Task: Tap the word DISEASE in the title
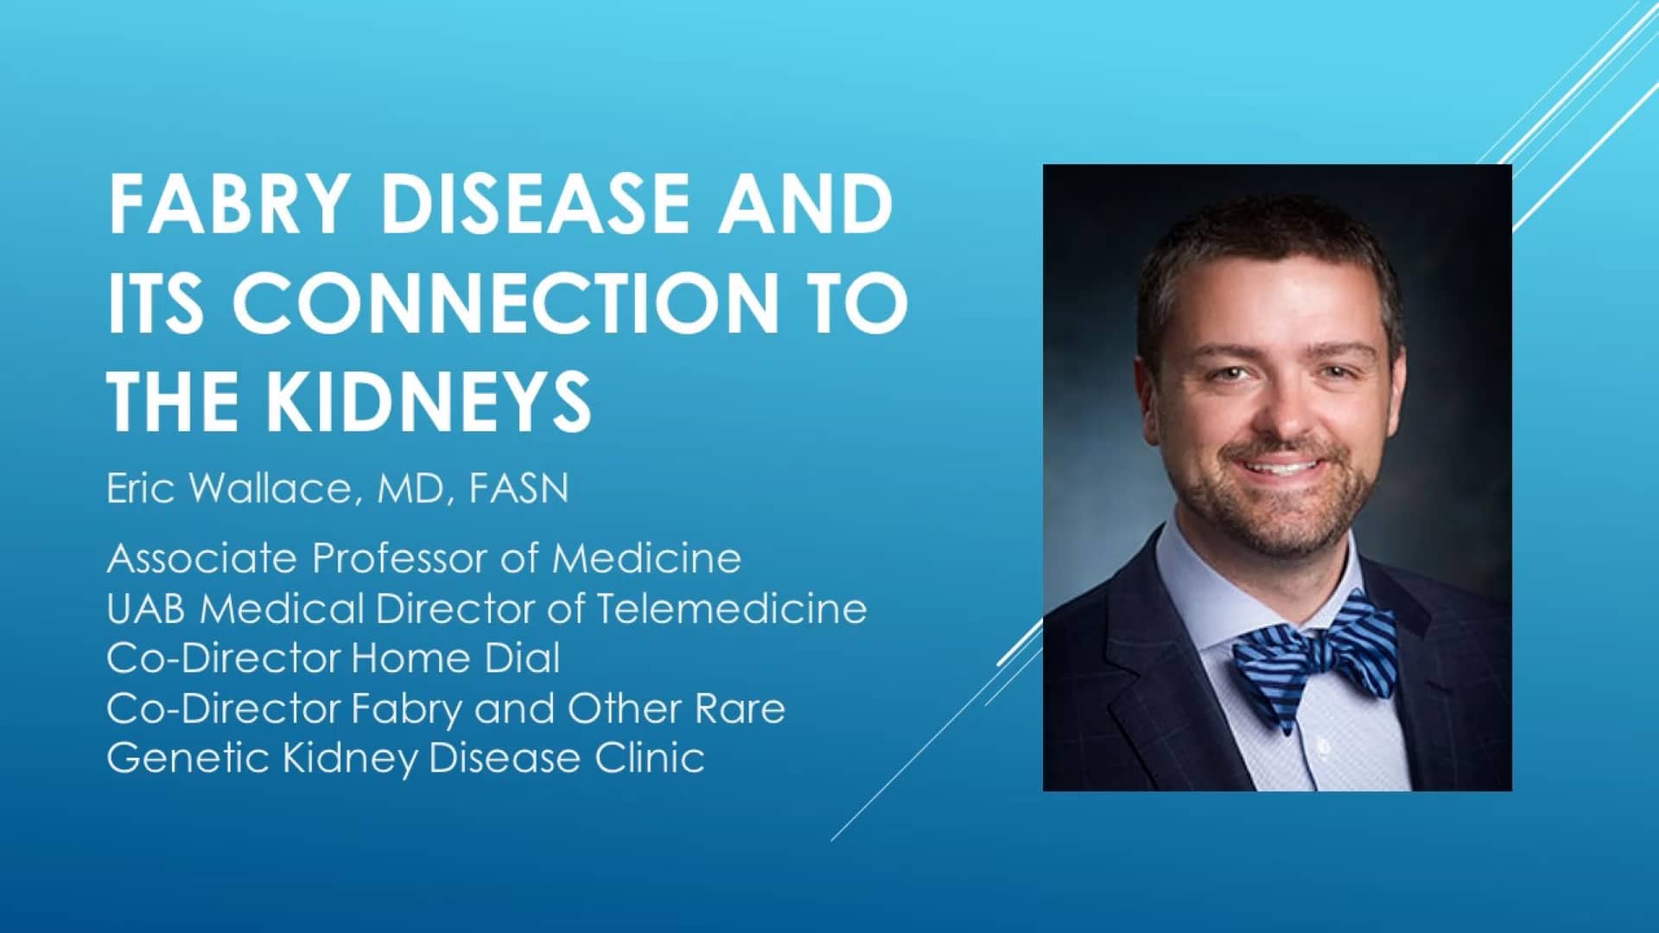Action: click(533, 204)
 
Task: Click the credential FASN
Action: click(518, 488)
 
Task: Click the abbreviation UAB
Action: click(145, 608)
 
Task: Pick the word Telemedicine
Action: click(731, 608)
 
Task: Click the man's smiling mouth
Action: click(1281, 467)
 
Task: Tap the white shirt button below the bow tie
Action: click(1319, 745)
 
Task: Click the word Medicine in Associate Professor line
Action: click(646, 558)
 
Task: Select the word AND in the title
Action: click(806, 204)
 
